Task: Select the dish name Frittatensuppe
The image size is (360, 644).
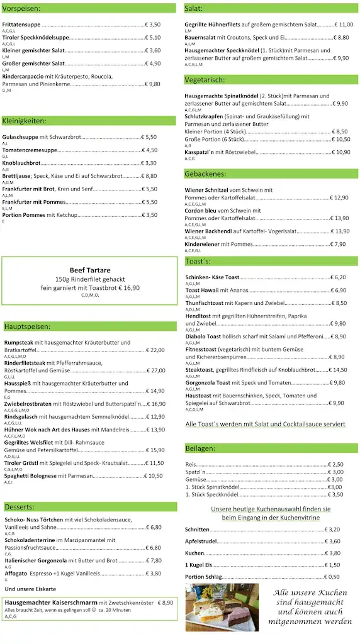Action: (x=21, y=25)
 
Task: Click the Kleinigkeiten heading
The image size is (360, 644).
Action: (x=25, y=121)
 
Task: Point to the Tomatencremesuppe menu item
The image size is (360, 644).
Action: (x=30, y=150)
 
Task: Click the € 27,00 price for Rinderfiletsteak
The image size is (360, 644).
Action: (x=154, y=370)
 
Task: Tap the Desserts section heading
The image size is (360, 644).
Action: (x=19, y=507)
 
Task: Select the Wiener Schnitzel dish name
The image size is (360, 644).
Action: (x=207, y=190)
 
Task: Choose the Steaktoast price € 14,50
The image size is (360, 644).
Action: (x=339, y=370)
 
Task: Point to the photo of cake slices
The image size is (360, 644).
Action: (x=222, y=607)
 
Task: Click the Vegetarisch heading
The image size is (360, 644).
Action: (x=205, y=80)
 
